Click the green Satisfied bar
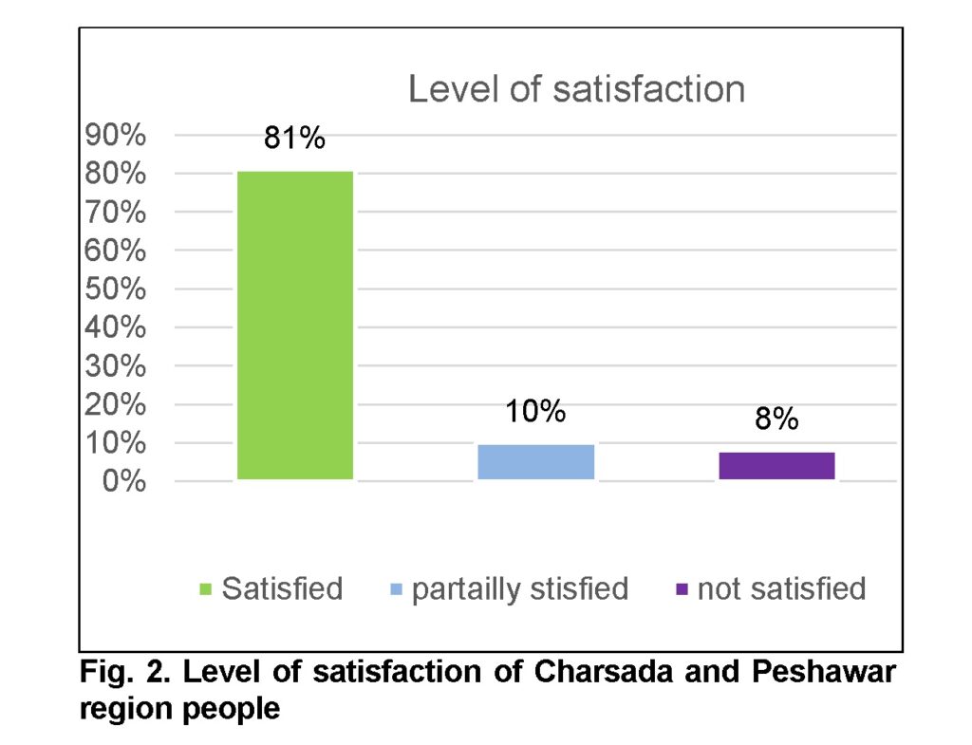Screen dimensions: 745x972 pyautogui.click(x=295, y=325)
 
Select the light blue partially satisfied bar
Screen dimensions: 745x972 pyautogui.click(x=535, y=462)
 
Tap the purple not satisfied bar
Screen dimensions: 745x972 pyautogui.click(x=776, y=466)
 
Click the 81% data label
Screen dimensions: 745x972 pyautogui.click(x=294, y=139)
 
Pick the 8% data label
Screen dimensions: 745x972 pyautogui.click(x=776, y=419)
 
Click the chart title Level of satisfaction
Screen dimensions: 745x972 pyautogui.click(x=576, y=89)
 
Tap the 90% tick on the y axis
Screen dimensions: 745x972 pyautogui.click(x=115, y=136)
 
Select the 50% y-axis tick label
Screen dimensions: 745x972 pyautogui.click(x=115, y=289)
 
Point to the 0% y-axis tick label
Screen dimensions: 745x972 pyautogui.click(x=123, y=481)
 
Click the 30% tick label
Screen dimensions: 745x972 pyautogui.click(x=115, y=366)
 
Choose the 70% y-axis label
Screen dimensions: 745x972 pyautogui.click(x=115, y=213)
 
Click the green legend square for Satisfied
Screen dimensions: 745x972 pyautogui.click(x=206, y=589)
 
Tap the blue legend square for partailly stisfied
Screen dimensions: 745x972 pyautogui.click(x=396, y=589)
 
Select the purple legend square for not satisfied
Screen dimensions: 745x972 pyautogui.click(x=682, y=589)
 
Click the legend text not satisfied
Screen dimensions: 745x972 pyautogui.click(x=781, y=588)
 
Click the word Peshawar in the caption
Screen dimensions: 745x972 pyautogui.click(x=824, y=674)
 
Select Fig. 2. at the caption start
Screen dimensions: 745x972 pyautogui.click(x=122, y=674)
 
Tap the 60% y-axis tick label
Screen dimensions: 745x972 pyautogui.click(x=115, y=251)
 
